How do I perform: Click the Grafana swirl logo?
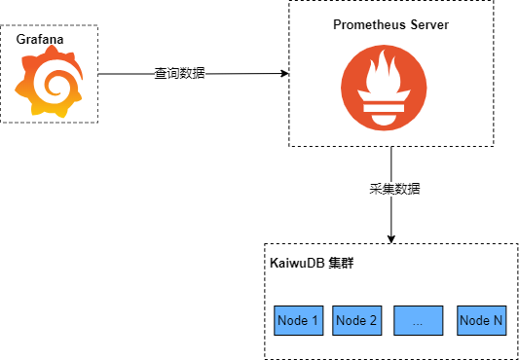pyautogui.click(x=49, y=82)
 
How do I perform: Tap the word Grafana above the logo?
pyautogui.click(x=40, y=39)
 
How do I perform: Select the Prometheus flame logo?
pyautogui.click(x=384, y=88)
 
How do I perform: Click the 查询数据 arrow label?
pyautogui.click(x=180, y=73)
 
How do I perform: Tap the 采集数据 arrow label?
pyautogui.click(x=394, y=189)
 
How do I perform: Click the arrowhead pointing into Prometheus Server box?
pyautogui.click(x=284, y=73)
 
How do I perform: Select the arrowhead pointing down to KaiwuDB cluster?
pyautogui.click(x=391, y=239)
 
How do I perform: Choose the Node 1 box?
pyautogui.click(x=299, y=320)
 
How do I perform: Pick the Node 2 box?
pyautogui.click(x=356, y=320)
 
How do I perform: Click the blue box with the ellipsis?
pyautogui.click(x=419, y=320)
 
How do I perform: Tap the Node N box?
pyautogui.click(x=482, y=320)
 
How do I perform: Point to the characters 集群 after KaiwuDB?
pyautogui.click(x=341, y=264)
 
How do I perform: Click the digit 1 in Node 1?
pyautogui.click(x=315, y=320)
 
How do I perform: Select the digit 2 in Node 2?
pyautogui.click(x=373, y=320)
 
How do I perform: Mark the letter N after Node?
pyautogui.click(x=498, y=320)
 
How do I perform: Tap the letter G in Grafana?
pyautogui.click(x=20, y=39)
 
